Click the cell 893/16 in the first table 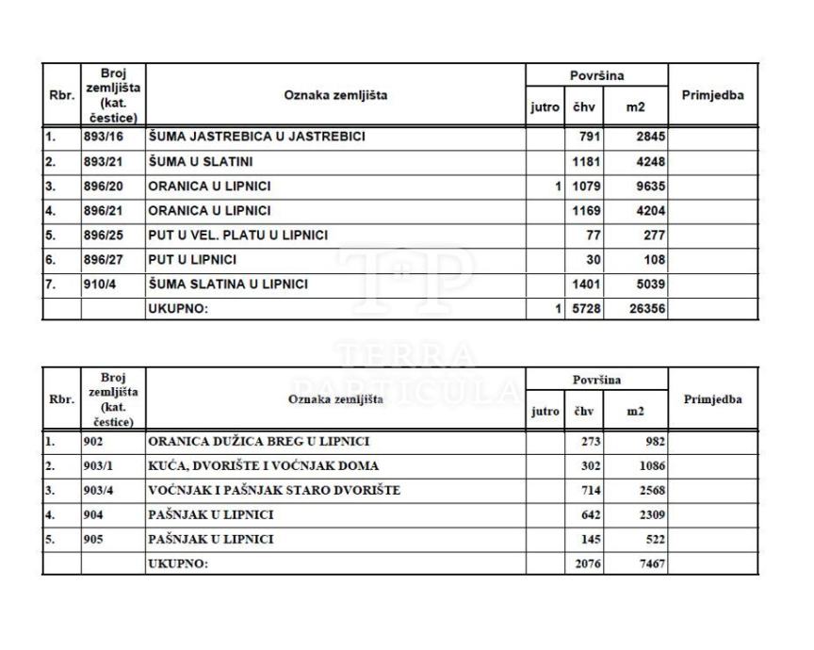103,138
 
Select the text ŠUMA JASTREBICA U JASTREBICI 256,138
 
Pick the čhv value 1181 587,162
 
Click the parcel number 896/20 103,186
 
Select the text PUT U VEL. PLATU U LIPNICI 238,235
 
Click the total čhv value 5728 587,308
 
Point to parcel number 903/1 99,465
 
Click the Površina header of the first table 596,74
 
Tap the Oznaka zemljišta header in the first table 335,95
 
